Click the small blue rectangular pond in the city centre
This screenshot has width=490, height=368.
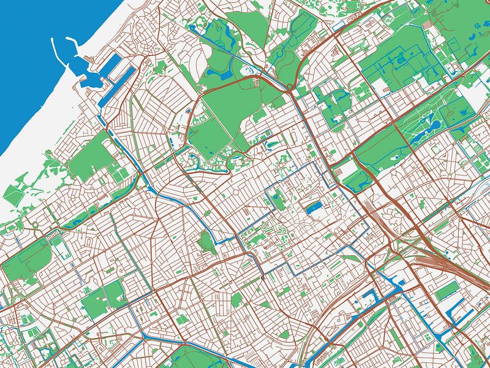click(314, 209)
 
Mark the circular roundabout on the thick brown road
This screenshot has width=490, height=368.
click(288, 89)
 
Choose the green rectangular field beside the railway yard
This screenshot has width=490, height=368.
click(446, 291)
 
